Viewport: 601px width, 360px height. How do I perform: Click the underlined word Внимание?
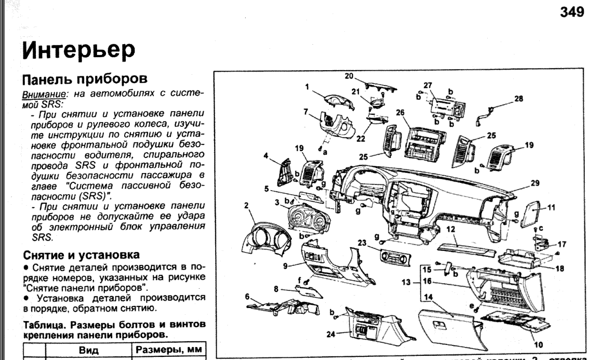[x=37, y=92]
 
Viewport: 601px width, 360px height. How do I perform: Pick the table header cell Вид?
[x=88, y=351]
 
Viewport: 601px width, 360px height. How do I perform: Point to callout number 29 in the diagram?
[x=536, y=183]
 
